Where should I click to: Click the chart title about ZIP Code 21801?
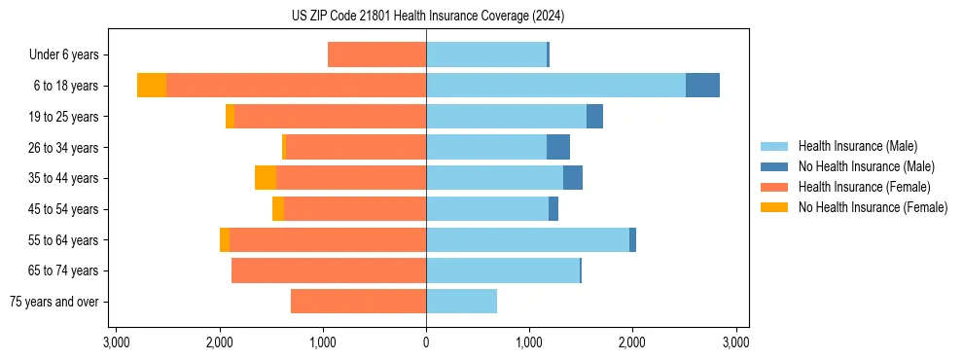click(x=427, y=16)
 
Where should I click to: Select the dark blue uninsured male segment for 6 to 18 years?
click(x=702, y=86)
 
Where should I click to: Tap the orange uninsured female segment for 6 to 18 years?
click(x=152, y=86)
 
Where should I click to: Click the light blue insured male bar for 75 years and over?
click(x=461, y=302)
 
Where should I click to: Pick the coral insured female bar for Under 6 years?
click(x=376, y=54)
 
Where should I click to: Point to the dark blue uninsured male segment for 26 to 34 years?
click(x=558, y=147)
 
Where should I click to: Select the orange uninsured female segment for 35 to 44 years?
click(x=266, y=178)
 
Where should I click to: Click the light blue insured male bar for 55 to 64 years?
click(x=527, y=239)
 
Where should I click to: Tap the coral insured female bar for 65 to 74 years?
click(x=329, y=270)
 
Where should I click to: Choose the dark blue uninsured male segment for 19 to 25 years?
click(x=594, y=117)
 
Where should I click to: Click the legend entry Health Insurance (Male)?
click(x=857, y=146)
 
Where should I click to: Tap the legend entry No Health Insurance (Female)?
click(x=873, y=207)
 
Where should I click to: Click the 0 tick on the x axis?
click(x=426, y=342)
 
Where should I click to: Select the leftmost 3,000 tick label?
click(x=116, y=342)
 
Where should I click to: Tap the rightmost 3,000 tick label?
click(x=736, y=342)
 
